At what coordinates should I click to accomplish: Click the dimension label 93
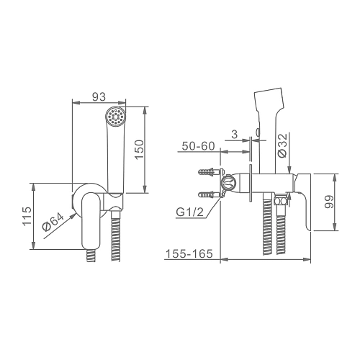(x=99, y=96)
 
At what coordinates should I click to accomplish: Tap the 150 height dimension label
(x=139, y=150)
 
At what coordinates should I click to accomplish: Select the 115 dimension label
(x=27, y=216)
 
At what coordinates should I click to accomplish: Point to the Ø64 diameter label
(x=53, y=222)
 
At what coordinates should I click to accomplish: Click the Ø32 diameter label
(x=282, y=145)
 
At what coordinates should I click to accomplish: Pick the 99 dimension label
(x=329, y=202)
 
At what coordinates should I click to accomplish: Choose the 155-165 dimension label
(x=189, y=253)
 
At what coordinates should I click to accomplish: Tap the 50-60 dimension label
(x=198, y=146)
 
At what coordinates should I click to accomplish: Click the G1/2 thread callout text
(x=189, y=212)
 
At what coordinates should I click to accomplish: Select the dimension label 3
(x=234, y=135)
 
